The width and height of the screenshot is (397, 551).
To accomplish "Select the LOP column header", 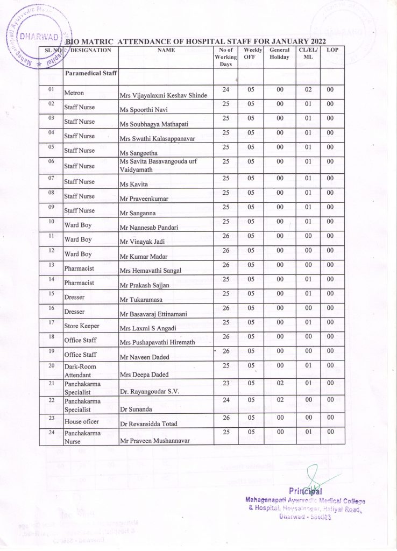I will coord(332,50).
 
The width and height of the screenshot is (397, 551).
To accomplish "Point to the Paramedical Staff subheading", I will coord(91,73).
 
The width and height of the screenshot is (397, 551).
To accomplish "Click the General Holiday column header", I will coord(279,53).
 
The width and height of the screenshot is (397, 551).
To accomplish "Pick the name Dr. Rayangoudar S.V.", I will coord(150,392).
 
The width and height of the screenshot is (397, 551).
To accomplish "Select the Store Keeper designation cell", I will coord(81,326).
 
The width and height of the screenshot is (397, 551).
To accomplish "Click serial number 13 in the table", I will coord(51,264).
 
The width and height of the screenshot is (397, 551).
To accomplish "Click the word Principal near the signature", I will coord(305,490).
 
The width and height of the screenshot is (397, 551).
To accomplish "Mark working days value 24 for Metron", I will coord(225,89).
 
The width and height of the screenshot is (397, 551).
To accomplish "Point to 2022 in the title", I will coord(314,41).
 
